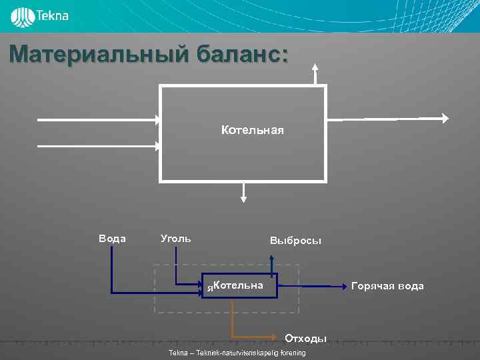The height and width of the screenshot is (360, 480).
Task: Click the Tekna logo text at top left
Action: (53, 15)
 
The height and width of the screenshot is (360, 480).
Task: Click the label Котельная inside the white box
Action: (252, 130)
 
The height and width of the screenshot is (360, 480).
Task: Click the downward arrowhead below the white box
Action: (244, 197)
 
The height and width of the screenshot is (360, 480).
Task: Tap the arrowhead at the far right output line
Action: (444, 118)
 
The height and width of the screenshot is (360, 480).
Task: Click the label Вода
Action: (112, 238)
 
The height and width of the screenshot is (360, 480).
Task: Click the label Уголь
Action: (176, 238)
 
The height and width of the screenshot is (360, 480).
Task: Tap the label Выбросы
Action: (295, 241)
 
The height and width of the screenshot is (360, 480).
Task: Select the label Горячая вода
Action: (387, 286)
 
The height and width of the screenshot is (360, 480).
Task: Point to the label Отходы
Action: (306, 339)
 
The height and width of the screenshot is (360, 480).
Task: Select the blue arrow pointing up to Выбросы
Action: (271, 265)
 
